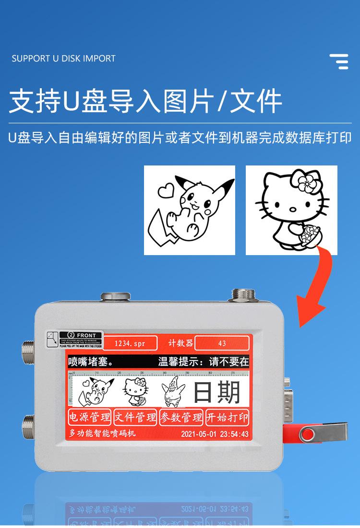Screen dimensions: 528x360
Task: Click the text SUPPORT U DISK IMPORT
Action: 63,59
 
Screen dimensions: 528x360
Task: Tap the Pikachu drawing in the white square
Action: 190,210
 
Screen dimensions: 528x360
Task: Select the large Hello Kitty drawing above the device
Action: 291,210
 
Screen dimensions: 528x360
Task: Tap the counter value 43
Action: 222,343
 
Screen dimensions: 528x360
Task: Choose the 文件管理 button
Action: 135,417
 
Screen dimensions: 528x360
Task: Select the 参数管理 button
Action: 181,417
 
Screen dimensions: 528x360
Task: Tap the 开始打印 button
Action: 227,417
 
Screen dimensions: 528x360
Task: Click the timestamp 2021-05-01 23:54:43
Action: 215,434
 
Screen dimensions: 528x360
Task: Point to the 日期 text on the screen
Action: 216,393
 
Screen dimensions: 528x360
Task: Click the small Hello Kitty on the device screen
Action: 134,393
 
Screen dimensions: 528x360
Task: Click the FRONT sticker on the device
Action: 77,339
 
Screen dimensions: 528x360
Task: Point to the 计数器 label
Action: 180,343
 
